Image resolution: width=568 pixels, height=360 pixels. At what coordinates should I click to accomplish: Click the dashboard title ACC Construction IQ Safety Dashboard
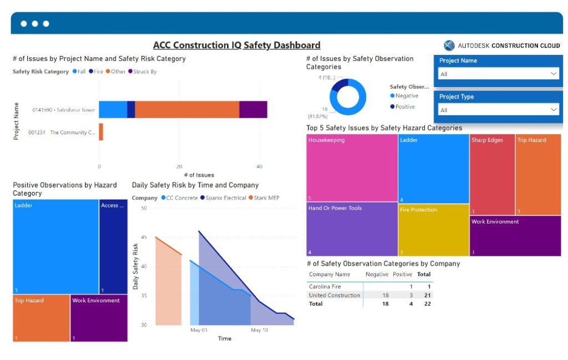(237, 45)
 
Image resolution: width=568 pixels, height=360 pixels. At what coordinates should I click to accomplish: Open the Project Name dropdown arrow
(553, 74)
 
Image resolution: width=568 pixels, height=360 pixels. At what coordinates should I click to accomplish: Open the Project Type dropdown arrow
(553, 110)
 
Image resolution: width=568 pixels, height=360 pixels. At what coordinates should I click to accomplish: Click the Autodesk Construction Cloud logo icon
(449, 45)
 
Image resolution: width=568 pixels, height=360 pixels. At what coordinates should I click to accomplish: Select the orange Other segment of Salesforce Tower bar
(187, 110)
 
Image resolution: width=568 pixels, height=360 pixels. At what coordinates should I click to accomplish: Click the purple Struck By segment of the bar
(253, 110)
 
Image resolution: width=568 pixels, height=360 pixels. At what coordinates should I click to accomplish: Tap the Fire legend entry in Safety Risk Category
(98, 72)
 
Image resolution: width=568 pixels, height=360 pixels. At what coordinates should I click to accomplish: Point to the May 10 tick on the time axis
(260, 330)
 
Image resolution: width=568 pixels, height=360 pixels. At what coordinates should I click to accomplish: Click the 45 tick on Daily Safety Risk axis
(144, 237)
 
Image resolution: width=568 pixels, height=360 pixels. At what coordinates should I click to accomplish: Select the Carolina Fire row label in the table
(326, 287)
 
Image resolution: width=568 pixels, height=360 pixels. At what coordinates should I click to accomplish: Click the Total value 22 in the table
(427, 304)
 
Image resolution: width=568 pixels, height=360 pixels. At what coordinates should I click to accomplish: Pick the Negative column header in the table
(377, 274)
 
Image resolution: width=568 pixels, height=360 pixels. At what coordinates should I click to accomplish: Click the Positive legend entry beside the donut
(405, 107)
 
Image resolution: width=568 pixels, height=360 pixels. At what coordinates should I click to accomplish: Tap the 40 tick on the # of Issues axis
(258, 166)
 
